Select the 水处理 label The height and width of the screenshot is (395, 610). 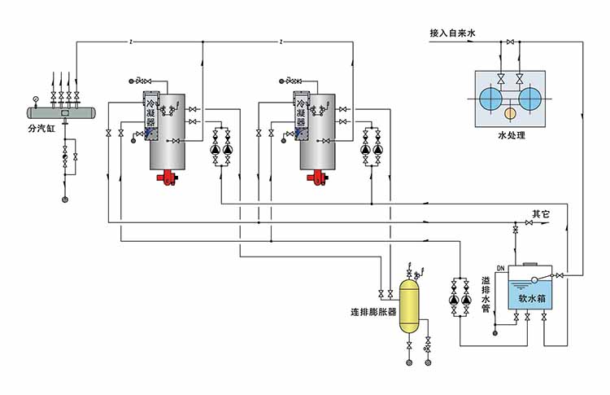511,135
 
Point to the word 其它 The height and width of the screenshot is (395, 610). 541,215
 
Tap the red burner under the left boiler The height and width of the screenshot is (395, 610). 168,177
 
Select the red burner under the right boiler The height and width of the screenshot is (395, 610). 318,177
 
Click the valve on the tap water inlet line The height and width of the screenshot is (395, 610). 510,41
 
